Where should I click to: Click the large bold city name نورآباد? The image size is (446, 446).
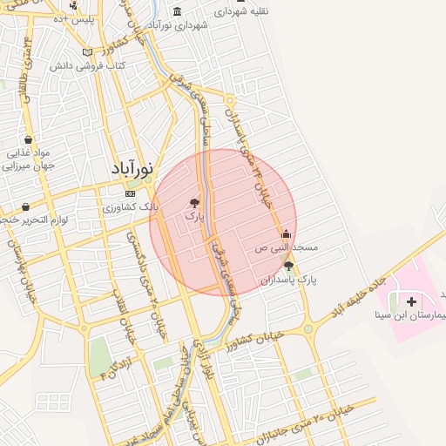tap(132, 168)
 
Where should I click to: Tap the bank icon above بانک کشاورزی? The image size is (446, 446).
tap(130, 193)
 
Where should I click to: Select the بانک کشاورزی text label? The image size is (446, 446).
tap(130, 208)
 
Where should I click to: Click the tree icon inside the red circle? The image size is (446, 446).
tap(194, 202)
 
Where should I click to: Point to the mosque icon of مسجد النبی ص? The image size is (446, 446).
tap(286, 233)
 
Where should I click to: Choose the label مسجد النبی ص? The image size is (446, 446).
tap(286, 247)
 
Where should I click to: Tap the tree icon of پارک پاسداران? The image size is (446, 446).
tap(288, 267)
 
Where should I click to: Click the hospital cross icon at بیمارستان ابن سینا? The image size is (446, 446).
tap(411, 301)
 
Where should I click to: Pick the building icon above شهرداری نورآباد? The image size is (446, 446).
tap(178, 11)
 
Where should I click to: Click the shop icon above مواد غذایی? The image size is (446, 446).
tap(28, 139)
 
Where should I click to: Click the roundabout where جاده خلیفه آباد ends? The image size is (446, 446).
tap(307, 329)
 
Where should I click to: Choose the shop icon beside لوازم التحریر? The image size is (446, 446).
tap(25, 207)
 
